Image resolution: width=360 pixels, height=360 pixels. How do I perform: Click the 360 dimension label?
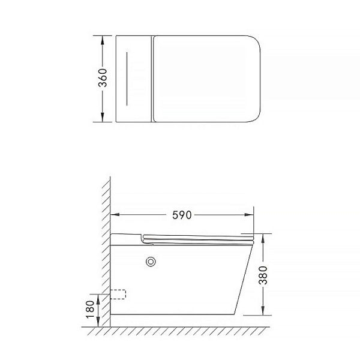103,79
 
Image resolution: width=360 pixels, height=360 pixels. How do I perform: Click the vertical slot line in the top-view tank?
127,79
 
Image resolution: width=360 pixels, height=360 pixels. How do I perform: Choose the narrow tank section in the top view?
134,79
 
